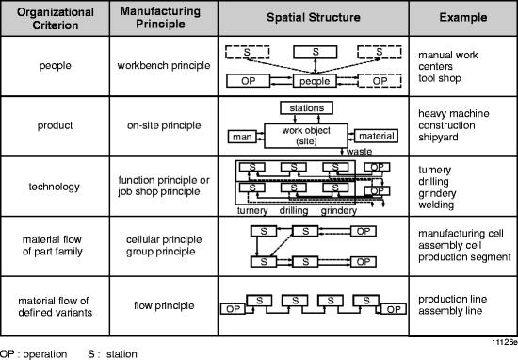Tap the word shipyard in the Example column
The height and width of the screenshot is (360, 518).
pyautogui.click(x=438, y=141)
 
